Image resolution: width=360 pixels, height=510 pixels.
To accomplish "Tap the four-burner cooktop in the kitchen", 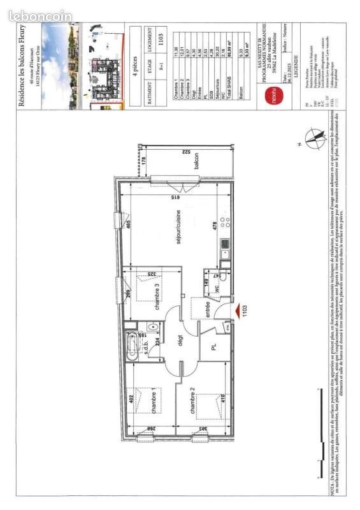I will coord(224,223).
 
